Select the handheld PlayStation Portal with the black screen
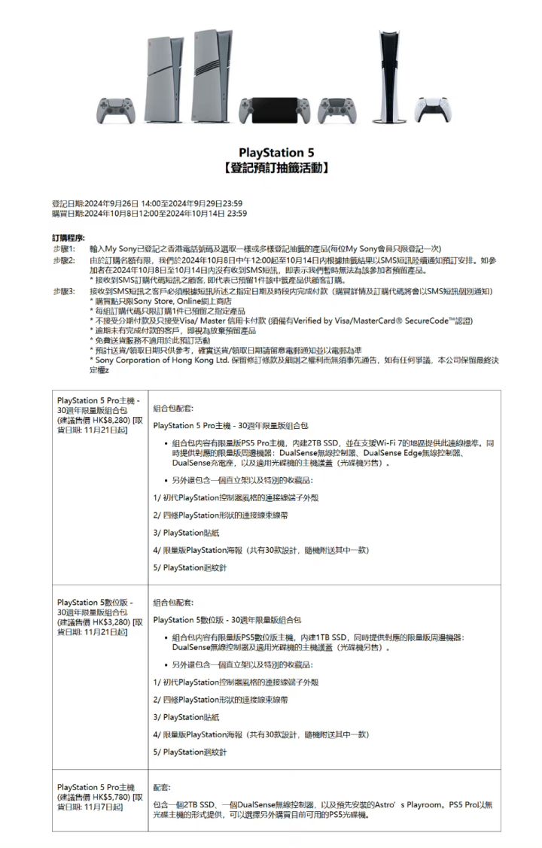272,111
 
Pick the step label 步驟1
65,248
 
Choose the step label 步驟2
65,260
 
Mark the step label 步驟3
65,290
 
